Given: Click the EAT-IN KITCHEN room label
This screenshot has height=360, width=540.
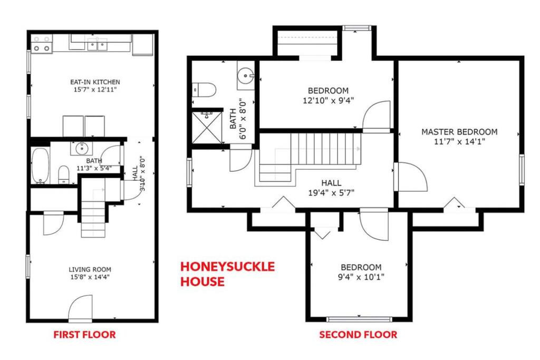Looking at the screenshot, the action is point(95,82).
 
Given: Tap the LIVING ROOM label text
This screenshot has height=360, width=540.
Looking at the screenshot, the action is point(90,269).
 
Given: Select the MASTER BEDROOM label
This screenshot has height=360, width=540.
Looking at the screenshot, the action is point(459,132).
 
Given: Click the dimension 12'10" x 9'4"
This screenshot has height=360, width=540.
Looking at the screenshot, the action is point(328,101).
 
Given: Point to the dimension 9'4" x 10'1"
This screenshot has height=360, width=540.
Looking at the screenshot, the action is point(361,277).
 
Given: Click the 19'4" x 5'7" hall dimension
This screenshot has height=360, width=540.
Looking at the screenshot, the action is point(331,193).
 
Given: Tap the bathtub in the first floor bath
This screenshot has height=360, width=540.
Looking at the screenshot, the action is point(41,166).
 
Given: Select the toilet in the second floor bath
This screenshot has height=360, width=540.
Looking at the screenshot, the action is point(204,90).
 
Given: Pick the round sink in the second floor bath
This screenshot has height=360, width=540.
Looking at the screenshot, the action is point(246,75).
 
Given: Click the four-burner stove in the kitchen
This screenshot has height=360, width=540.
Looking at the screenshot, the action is point(42,44).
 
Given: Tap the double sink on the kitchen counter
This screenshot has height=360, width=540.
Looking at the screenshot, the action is point(97,45).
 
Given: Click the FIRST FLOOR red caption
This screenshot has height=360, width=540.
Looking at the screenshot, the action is point(85,335).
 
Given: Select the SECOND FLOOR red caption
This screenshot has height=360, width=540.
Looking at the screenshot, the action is point(358,335).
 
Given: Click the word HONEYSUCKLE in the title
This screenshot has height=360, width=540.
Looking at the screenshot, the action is point(228,267).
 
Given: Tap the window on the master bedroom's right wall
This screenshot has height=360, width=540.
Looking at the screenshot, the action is point(522,170).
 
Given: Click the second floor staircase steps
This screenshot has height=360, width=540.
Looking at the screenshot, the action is point(325,149).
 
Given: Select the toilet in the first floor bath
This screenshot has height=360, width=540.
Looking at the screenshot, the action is point(64,174).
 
